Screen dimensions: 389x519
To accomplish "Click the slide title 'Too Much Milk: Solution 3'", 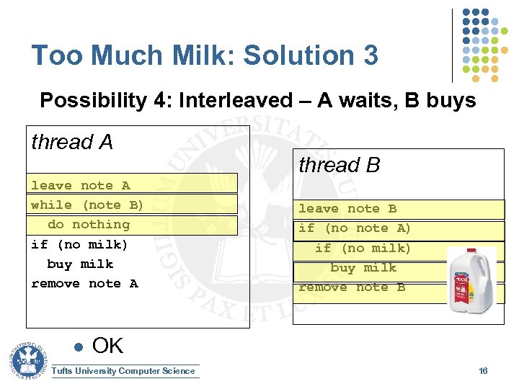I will point(205,55).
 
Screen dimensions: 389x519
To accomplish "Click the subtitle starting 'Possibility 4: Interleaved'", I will point(257,100).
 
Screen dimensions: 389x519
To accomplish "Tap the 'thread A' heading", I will point(72,143).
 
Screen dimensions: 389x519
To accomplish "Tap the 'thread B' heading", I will point(339,165).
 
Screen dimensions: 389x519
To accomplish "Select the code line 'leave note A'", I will point(80,186).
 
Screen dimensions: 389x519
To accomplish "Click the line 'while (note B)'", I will point(87,205).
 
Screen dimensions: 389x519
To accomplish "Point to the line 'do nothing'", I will point(88,225).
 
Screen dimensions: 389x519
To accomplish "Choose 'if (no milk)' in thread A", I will point(79,244).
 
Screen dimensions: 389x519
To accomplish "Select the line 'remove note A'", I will point(84,284).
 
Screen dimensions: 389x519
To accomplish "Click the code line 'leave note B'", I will point(347,209).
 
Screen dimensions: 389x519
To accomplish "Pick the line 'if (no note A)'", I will point(355,228).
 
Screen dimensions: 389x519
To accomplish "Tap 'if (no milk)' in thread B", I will point(363,249).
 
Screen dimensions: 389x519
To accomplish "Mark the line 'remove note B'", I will point(352,287).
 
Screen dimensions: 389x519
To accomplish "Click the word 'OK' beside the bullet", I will point(108,346).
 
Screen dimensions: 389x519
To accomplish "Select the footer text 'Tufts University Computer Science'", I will point(124,371).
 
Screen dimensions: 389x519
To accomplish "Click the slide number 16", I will point(483,370).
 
